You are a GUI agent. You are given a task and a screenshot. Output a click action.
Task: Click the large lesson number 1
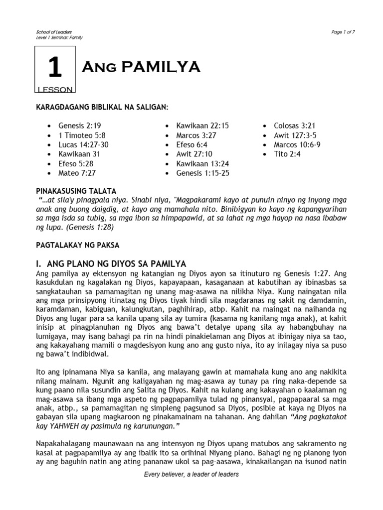coord(54,68)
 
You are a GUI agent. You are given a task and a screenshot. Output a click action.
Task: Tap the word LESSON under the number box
coord(55,90)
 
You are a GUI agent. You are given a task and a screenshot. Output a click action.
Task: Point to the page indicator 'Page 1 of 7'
coord(343,32)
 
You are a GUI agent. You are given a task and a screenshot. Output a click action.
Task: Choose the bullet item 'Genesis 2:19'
coord(76,126)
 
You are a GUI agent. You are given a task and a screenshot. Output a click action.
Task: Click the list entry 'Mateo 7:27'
coord(77,173)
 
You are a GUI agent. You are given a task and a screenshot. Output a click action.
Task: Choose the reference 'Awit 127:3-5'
coord(295,135)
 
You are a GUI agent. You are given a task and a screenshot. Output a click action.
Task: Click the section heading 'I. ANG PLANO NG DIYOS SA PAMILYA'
coord(111,264)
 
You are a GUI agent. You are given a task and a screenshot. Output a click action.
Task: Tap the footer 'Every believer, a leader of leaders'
coord(191,474)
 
